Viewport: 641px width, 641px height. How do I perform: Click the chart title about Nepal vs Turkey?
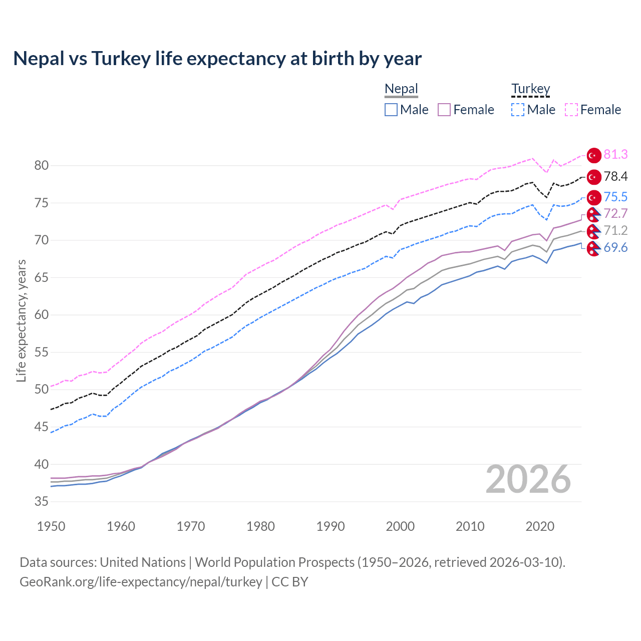[217, 59]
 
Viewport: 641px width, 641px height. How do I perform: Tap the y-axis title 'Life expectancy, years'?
[21, 320]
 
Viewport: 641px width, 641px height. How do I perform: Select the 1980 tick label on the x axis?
[260, 526]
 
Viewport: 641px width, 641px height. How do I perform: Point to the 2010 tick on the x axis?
[470, 526]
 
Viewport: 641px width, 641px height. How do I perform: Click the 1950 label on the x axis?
[51, 526]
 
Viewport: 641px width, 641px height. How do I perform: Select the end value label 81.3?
[615, 155]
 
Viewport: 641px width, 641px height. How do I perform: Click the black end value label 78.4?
[615, 176]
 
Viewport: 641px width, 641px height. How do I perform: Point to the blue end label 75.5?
[615, 197]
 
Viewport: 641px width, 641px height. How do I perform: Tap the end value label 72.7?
[615, 214]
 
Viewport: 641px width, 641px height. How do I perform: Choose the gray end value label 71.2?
[615, 230]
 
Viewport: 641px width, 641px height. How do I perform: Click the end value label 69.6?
[615, 247]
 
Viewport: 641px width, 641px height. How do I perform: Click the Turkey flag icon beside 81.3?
[594, 155]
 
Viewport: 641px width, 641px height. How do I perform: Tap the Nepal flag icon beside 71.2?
[593, 231]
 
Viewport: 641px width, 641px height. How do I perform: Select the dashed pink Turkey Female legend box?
[571, 110]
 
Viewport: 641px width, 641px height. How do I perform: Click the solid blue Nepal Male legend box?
[391, 110]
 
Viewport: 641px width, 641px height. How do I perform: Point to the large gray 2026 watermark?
[528, 480]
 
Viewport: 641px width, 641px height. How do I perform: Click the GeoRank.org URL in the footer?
[141, 582]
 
